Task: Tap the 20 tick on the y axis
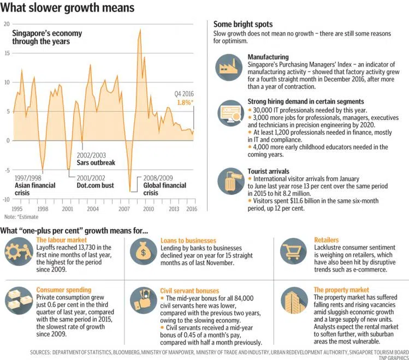6,24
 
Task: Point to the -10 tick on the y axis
5,199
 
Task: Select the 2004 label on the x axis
92,209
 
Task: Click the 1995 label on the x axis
17,209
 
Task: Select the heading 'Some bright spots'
243,25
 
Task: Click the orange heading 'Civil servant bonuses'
190,291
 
